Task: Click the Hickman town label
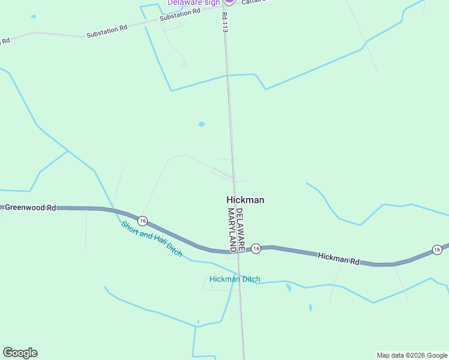pyautogui.click(x=245, y=200)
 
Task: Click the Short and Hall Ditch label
pyautogui.click(x=151, y=239)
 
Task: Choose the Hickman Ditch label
pyautogui.click(x=235, y=279)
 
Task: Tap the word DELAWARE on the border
pyautogui.click(x=240, y=229)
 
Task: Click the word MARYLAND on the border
pyautogui.click(x=232, y=229)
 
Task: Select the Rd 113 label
pyautogui.click(x=225, y=18)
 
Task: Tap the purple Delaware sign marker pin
pyautogui.click(x=229, y=2)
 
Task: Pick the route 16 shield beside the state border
pyautogui.click(x=256, y=248)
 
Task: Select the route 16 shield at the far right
pyautogui.click(x=437, y=249)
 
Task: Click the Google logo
pyautogui.click(x=20, y=353)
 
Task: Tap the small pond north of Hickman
pyautogui.click(x=201, y=125)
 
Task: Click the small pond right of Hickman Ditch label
pyautogui.click(x=289, y=288)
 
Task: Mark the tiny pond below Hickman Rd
pyautogui.click(x=310, y=308)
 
